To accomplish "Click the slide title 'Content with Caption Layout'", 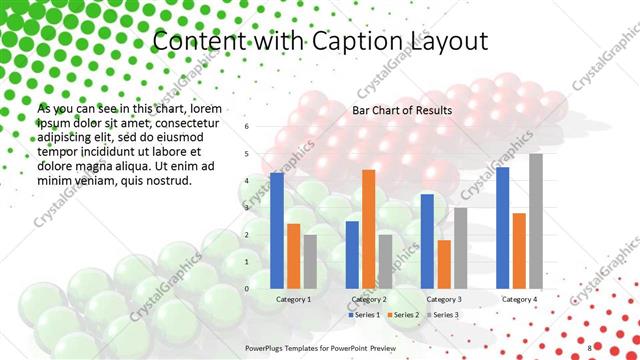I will pos(319,41).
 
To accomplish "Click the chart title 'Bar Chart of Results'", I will pos(402,110).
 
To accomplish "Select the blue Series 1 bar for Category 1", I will pos(277,230).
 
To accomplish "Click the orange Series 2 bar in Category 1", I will pos(293,256).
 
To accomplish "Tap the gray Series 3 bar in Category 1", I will pos(310,261).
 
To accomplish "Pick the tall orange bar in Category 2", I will pos(368,229).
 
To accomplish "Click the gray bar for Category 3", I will pos(460,247).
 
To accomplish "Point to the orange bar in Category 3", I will pos(444,264).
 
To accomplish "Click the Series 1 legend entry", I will pos(363,315).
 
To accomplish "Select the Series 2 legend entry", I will pos(403,315).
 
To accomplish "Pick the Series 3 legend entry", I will pos(443,315).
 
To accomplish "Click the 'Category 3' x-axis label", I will pos(444,299).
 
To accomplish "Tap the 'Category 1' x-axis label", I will pos(293,299).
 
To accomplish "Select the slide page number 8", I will pos(590,346).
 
